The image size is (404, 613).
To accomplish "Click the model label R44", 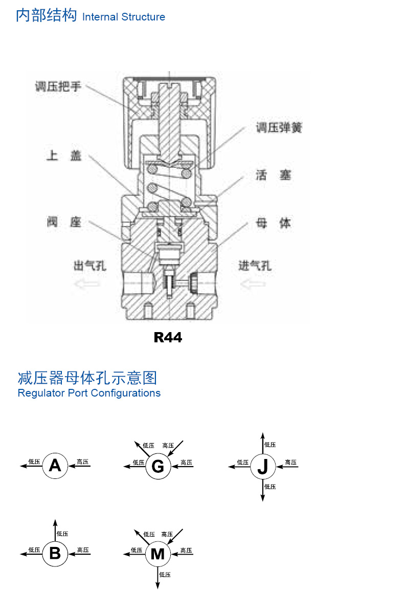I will [168, 338].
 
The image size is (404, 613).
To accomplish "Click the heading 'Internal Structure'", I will [123, 17].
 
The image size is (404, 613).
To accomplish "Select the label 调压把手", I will [58, 86].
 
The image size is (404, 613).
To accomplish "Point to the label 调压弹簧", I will [279, 128].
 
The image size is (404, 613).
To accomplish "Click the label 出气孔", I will [90, 266].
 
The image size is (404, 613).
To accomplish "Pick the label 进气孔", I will [255, 266].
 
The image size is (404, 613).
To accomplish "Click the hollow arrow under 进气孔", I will [253, 283].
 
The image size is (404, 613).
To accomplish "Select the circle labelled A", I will [55, 466].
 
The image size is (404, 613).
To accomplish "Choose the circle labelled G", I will [158, 466].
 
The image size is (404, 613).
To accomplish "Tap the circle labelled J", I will [262, 466].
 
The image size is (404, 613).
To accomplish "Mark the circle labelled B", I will [55, 553].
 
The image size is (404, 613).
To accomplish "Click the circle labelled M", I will [158, 554].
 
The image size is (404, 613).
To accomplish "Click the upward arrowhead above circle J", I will [262, 435].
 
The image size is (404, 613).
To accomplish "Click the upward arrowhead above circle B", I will [55, 521].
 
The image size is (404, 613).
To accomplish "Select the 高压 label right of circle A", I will [83, 462].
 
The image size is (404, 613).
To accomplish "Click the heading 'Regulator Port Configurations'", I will [89, 393].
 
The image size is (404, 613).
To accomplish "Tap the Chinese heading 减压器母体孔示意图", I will [87, 378].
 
